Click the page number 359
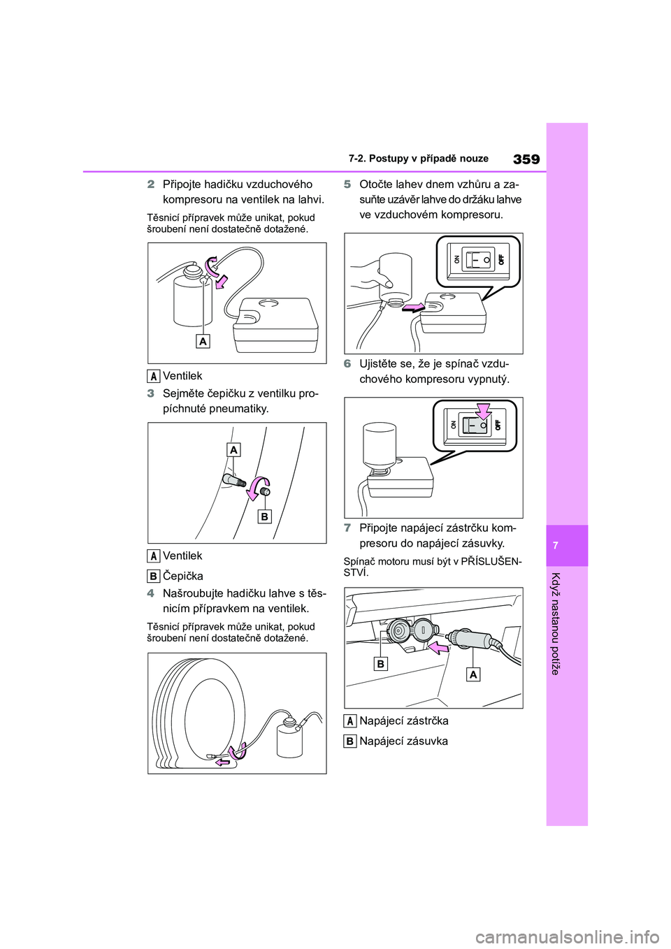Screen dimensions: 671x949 526,159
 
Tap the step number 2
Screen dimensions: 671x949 150,185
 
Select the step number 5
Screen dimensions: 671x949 347,185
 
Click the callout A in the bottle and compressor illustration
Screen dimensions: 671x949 203,341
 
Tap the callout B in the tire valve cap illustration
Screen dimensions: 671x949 264,516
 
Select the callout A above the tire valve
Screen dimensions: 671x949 233,449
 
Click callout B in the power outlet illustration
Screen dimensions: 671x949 380,664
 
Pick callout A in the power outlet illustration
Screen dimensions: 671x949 474,674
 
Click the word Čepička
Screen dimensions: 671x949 183,576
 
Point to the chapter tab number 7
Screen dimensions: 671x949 567,545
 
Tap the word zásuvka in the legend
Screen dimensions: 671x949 425,741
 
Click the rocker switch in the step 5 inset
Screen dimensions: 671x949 477,259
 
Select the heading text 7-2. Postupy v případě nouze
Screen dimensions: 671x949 419,159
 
